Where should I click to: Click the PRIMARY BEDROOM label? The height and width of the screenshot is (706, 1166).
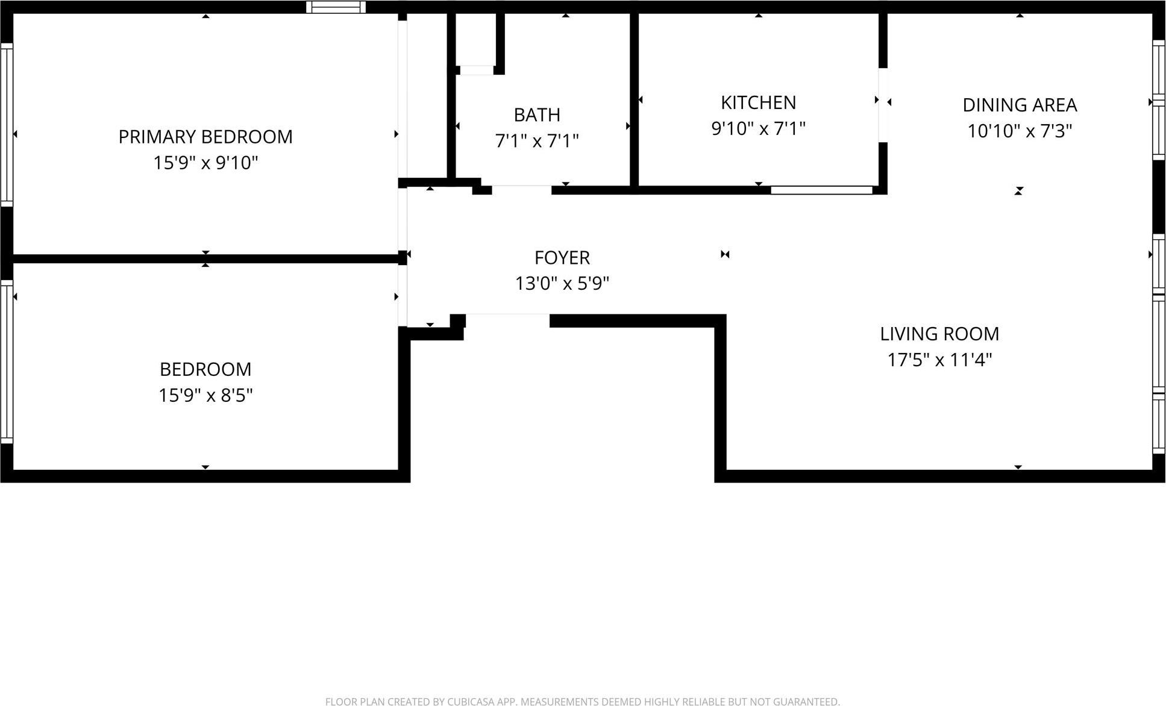[205, 137]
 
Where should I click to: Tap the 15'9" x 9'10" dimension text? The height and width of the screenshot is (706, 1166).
[205, 163]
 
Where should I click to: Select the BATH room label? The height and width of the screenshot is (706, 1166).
[536, 114]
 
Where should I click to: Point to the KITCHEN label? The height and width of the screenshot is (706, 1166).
[758, 102]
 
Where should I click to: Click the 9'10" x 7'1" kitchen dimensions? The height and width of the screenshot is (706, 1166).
[758, 128]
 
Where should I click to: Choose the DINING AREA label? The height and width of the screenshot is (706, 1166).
[1019, 105]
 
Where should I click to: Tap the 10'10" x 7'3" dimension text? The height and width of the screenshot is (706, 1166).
[1019, 131]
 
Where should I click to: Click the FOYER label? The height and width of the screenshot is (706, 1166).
[562, 257]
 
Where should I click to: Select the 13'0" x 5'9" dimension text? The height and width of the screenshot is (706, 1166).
[562, 283]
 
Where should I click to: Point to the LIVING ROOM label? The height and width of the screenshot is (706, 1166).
[939, 334]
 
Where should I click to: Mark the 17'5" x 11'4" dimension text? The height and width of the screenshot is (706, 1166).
[939, 360]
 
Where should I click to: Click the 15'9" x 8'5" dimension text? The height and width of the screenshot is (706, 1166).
[205, 395]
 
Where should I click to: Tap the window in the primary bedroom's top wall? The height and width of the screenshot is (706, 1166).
[336, 7]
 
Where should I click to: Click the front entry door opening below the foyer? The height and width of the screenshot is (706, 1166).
[507, 320]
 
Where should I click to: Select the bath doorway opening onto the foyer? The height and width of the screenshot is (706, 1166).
[521, 190]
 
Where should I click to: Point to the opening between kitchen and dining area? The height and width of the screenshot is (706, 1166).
[883, 105]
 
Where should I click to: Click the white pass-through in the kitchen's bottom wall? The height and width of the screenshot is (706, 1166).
[821, 190]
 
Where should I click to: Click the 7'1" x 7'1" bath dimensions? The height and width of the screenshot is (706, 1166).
[536, 140]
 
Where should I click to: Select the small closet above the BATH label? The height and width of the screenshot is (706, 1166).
[476, 39]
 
